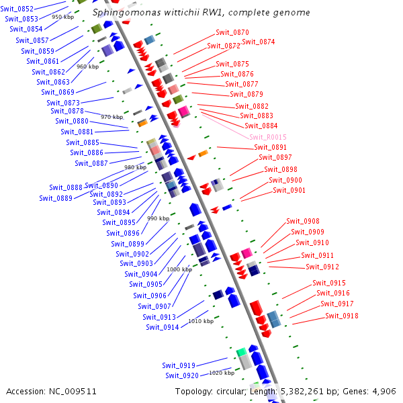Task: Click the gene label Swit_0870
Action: tap(232, 32)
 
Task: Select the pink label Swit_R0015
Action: tap(268, 137)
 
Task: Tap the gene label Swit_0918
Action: tap(342, 316)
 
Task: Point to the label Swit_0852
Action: tap(17, 9)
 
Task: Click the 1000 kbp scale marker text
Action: tap(179, 269)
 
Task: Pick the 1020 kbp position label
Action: tap(222, 372)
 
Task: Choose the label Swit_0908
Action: tap(303, 221)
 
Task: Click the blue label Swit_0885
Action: tap(83, 142)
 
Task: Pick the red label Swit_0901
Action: tap(289, 190)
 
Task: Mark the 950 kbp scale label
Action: tap(63, 17)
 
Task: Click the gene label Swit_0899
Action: tap(128, 244)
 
